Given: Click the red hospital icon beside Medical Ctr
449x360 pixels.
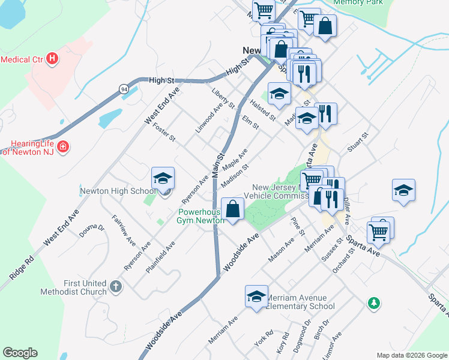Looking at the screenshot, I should [53, 59].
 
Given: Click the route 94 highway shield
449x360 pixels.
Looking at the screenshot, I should [122, 89].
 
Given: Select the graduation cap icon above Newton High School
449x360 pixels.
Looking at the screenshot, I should [163, 179].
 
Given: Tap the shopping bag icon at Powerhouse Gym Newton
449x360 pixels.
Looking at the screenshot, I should [234, 209].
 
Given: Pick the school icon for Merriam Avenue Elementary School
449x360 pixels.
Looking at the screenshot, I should [256, 297].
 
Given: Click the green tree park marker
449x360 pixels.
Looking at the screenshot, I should [373, 302].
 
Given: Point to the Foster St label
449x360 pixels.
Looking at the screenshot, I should [164, 133].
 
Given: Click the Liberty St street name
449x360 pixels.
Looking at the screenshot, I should [223, 99].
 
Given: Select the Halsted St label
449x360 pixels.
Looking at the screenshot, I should [263, 110].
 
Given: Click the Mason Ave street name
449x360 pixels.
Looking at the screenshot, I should [281, 250].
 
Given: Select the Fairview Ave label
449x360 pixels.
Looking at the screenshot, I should [124, 230].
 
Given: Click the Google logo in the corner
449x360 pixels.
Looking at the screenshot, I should [20, 353].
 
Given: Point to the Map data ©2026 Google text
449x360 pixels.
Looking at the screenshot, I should [411, 355].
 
